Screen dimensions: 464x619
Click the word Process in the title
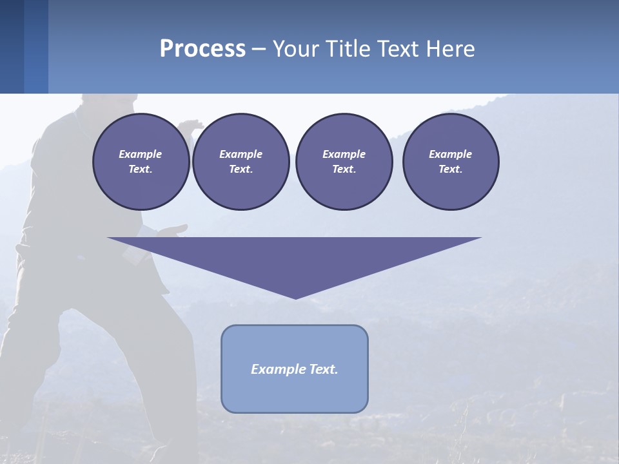click(x=202, y=49)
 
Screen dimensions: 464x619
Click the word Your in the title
click(x=295, y=49)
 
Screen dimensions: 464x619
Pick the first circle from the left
click(x=141, y=162)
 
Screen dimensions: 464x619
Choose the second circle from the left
click(x=241, y=162)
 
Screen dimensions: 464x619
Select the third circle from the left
click(x=344, y=162)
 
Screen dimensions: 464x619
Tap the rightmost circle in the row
click(x=451, y=162)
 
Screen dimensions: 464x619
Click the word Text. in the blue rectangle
click(x=324, y=369)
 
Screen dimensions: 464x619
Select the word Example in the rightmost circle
click(x=450, y=154)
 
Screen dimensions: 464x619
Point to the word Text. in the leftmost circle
click(x=141, y=169)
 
